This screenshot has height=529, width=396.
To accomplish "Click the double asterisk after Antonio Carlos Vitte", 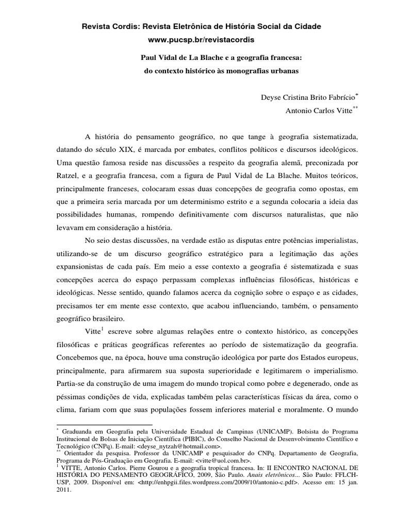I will [355, 107].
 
